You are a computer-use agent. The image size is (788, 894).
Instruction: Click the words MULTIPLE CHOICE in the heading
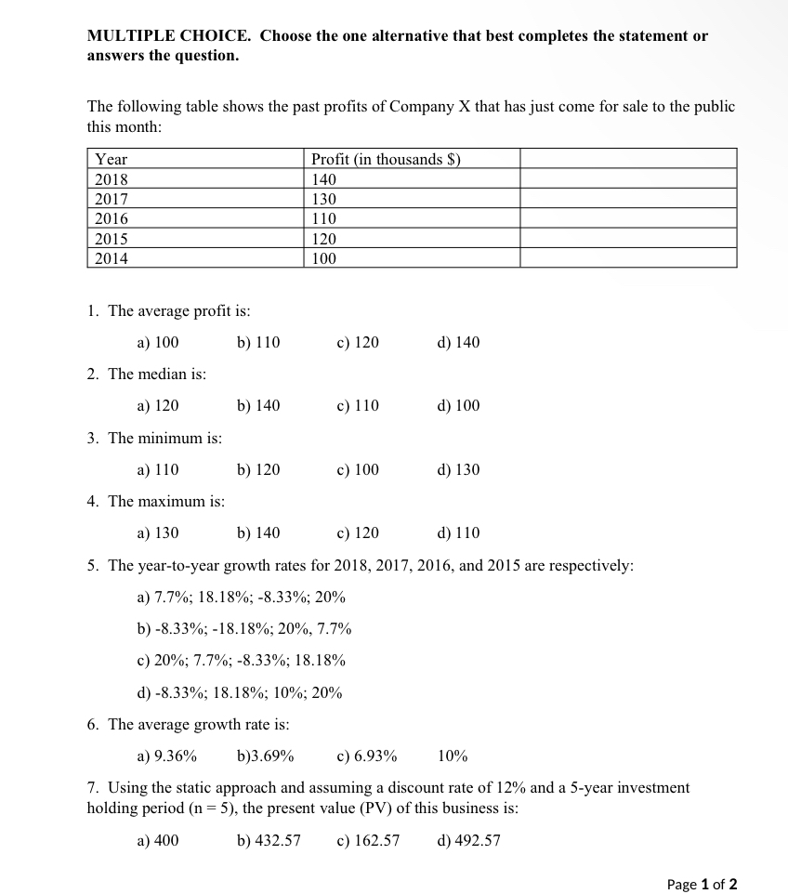pyautogui.click(x=168, y=36)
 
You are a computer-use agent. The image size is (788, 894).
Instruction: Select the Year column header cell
pyautogui.click(x=112, y=159)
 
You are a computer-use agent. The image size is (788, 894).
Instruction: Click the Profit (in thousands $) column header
pyautogui.click(x=386, y=159)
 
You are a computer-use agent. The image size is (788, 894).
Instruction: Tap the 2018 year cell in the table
pyautogui.click(x=112, y=179)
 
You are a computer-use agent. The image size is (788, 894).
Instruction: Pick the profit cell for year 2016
pyautogui.click(x=324, y=219)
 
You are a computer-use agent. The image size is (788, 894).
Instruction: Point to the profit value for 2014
pyautogui.click(x=324, y=259)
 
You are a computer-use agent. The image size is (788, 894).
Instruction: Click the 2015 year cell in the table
pyautogui.click(x=112, y=239)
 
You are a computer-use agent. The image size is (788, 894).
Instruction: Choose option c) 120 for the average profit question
pyautogui.click(x=358, y=343)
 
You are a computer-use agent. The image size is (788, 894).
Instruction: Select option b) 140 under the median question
pyautogui.click(x=258, y=406)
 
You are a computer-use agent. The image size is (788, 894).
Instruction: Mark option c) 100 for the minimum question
pyautogui.click(x=358, y=470)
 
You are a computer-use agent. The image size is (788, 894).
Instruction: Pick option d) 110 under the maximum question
pyautogui.click(x=458, y=533)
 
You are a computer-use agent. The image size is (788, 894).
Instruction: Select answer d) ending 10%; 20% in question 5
pyautogui.click(x=239, y=693)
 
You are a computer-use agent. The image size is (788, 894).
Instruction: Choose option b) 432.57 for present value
pyautogui.click(x=269, y=841)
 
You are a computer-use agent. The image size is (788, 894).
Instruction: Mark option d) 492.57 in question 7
pyautogui.click(x=468, y=841)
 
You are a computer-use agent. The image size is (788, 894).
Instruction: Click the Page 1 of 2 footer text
pyautogui.click(x=702, y=885)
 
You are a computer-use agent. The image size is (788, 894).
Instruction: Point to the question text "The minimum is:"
pyautogui.click(x=164, y=439)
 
